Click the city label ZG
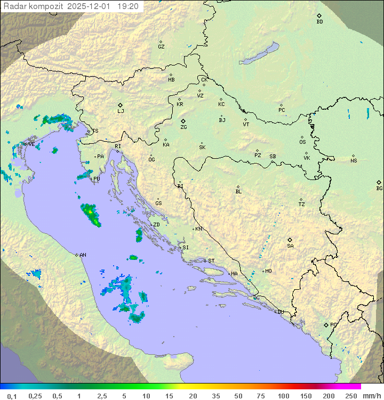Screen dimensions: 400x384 [183, 128]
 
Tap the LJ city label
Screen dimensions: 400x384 [121, 111]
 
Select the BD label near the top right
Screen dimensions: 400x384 [319, 22]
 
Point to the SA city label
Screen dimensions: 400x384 [290, 246]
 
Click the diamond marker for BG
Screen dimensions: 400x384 [379, 182]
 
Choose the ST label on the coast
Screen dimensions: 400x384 [211, 261]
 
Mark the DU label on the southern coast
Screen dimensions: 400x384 [280, 312]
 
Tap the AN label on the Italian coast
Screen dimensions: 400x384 [83, 255]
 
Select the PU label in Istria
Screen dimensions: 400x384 [97, 179]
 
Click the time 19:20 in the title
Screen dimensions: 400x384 [129, 6]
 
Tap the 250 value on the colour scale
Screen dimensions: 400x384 [351, 396]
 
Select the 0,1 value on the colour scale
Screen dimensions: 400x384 [12, 396]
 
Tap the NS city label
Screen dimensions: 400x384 [354, 161]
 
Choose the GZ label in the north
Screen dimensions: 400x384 [161, 46]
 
